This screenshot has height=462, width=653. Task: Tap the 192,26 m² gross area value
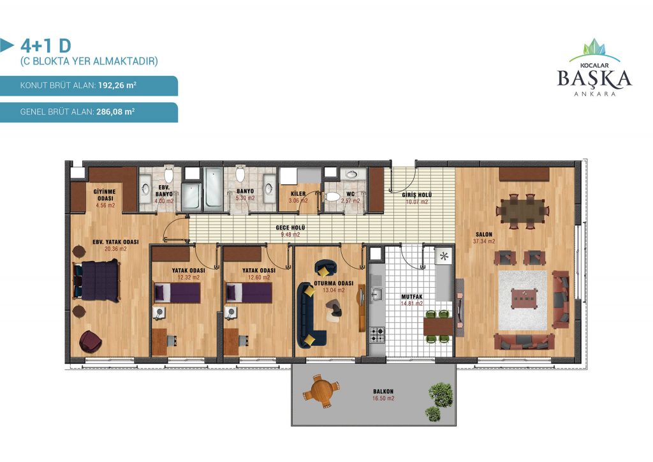(x=117, y=86)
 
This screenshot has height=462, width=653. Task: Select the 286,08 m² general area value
(x=115, y=112)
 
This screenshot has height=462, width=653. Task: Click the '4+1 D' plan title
(x=46, y=45)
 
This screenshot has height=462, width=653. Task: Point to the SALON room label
(x=484, y=235)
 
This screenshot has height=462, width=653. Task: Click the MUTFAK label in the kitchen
(x=411, y=297)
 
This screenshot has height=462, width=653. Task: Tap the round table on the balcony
(x=322, y=391)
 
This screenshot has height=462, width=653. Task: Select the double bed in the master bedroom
(x=97, y=280)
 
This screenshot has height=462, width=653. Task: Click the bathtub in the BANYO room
(x=213, y=187)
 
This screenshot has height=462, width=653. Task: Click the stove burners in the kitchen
(x=378, y=334)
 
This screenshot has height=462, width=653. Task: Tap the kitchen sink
(x=376, y=294)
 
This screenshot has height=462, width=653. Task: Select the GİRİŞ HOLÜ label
(x=417, y=195)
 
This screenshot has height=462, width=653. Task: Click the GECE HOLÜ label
(x=290, y=227)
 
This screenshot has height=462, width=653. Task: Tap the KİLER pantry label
(x=298, y=194)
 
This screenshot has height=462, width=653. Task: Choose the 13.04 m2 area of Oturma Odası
(x=334, y=290)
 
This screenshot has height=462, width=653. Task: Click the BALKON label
(x=383, y=392)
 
